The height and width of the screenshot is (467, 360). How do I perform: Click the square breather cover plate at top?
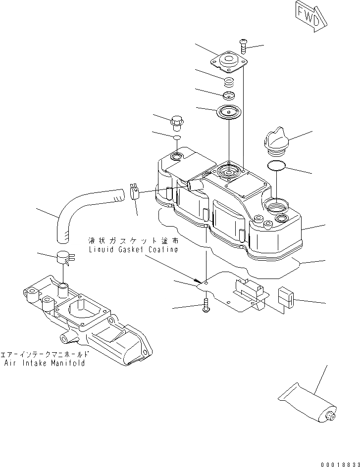point(227,64)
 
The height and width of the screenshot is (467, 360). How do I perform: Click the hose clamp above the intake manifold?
point(64,257)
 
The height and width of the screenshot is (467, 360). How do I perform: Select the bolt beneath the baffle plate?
point(206,307)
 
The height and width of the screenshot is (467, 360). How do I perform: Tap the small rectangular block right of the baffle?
point(286,297)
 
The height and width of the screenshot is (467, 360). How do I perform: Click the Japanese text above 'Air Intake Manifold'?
point(45,354)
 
